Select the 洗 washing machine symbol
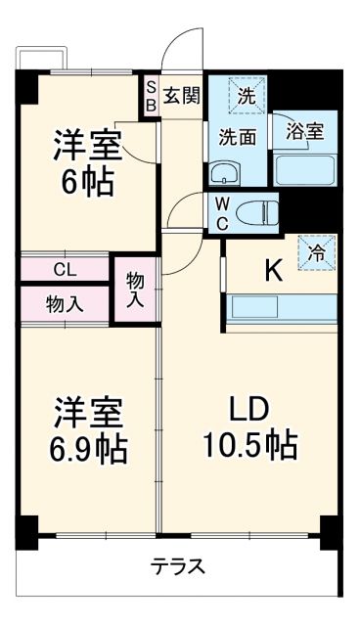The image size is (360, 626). pyautogui.click(x=247, y=96)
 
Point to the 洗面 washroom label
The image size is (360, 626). pyautogui.click(x=237, y=137)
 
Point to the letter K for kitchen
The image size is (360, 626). pyautogui.click(x=274, y=270)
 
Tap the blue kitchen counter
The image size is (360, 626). pyautogui.click(x=282, y=308)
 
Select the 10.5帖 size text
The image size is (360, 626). pyautogui.click(x=249, y=446)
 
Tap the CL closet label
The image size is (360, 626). pyautogui.click(x=67, y=269)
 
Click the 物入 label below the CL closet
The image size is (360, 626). pyautogui.click(x=65, y=303)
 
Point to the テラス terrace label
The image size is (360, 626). pyautogui.click(x=177, y=565)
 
